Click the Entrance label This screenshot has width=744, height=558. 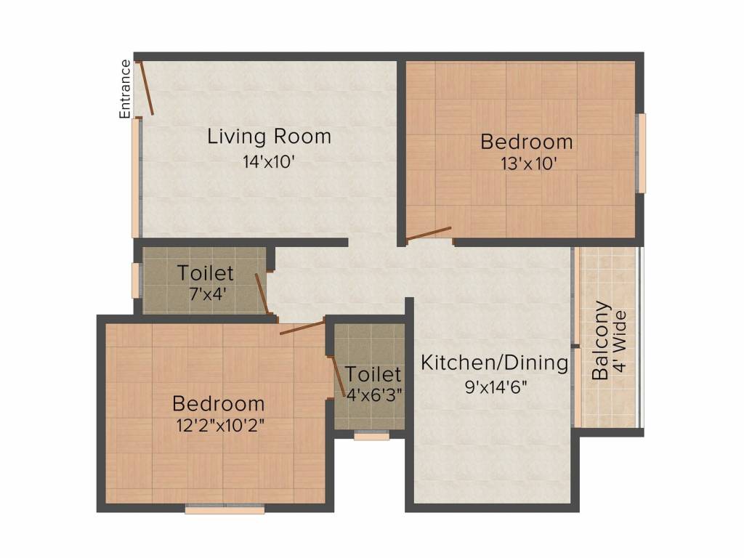125,89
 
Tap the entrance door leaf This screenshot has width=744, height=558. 145,88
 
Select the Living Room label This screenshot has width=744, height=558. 269,137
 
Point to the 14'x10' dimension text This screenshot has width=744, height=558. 269,162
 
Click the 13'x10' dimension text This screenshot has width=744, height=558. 528,164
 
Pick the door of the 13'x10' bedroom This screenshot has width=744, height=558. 429,233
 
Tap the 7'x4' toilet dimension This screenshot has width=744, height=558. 206,294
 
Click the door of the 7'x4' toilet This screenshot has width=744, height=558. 262,294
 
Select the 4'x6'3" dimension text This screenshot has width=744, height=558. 374,394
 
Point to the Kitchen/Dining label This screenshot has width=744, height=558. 494,363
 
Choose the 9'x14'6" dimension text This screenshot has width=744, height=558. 496,388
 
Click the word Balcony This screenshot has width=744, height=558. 601,340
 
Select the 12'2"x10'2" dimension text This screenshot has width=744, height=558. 220,426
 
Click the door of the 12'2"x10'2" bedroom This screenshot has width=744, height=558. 302,328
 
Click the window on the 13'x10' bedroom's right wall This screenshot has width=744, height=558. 641,153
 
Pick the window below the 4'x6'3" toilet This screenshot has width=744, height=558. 371,434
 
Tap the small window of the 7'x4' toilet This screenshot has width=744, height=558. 136,280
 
